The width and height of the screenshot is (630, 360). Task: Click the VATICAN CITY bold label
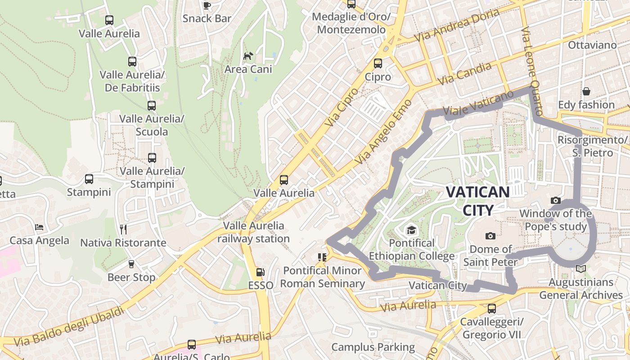(x=477, y=201)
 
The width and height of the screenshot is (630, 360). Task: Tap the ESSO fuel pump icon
(x=260, y=272)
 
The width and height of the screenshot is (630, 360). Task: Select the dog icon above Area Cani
(x=248, y=56)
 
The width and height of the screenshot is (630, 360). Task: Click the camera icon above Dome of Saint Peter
(x=490, y=236)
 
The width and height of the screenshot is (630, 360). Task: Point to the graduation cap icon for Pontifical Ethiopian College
(x=411, y=230)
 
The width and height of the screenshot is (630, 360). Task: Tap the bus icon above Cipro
(x=378, y=63)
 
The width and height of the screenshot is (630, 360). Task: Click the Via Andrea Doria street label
(x=457, y=25)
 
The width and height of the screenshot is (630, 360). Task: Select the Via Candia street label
(x=464, y=74)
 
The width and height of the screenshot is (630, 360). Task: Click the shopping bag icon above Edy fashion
(x=586, y=92)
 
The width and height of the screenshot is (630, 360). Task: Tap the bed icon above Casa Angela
(x=39, y=227)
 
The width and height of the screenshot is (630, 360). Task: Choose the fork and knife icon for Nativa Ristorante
(x=123, y=229)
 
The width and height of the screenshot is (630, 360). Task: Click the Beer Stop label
(x=131, y=277)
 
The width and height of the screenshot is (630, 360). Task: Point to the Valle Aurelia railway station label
(x=254, y=232)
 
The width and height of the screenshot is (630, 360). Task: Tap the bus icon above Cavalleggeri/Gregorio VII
(x=491, y=309)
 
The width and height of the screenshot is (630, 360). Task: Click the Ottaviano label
(x=592, y=45)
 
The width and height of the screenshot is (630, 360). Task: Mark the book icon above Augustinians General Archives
(x=581, y=269)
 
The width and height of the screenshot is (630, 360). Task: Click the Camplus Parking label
(x=373, y=347)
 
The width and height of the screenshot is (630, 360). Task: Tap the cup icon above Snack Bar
(x=207, y=5)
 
